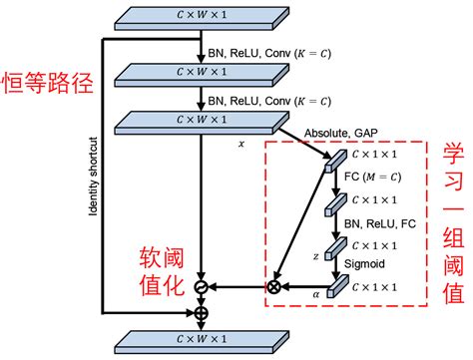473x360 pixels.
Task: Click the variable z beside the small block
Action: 316,255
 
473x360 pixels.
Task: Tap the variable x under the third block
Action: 240,145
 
